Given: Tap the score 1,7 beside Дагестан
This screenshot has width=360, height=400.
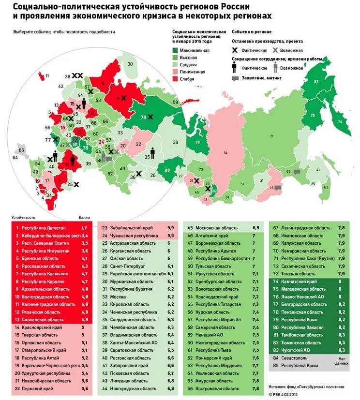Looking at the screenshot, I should [x=84, y=227].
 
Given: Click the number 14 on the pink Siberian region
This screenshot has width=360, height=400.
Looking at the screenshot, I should [x=225, y=152].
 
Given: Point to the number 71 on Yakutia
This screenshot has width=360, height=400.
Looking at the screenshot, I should [x=271, y=136].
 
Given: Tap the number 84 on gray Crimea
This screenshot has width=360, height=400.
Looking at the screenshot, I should [x=15, y=157].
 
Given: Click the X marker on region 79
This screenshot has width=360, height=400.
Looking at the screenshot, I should [x=151, y=117].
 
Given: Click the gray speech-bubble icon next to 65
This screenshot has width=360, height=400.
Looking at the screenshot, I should [x=297, y=171].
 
